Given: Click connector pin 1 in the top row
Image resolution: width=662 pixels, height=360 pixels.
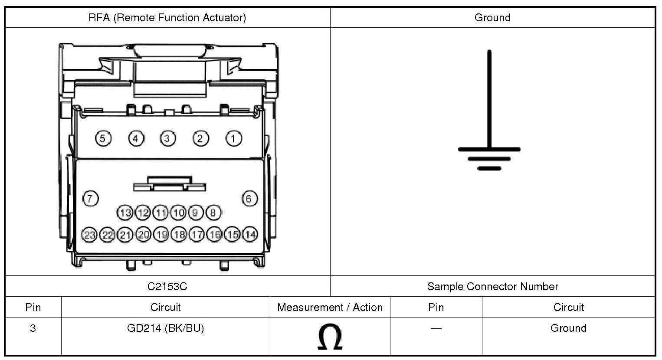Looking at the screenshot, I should [234, 139].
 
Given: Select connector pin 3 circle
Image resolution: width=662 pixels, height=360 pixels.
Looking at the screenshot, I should [167, 139].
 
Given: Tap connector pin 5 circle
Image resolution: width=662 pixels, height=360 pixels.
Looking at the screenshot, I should [103, 139].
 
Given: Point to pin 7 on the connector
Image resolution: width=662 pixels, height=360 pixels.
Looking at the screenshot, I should [91, 199].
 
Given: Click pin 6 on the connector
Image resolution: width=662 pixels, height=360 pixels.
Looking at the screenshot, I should [249, 199].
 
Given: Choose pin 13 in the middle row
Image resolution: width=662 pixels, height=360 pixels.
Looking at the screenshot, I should [125, 213].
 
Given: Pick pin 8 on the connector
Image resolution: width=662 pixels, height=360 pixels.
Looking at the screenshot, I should [213, 213].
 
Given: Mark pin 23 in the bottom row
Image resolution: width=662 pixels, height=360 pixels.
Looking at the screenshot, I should [90, 235].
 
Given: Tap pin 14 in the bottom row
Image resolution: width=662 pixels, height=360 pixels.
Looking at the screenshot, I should [250, 235].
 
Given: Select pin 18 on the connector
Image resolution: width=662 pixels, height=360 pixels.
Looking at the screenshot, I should [179, 235].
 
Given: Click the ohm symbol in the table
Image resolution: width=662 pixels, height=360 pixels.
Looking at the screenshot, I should [330, 337].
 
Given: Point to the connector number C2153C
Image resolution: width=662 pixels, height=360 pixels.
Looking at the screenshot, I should [167, 286].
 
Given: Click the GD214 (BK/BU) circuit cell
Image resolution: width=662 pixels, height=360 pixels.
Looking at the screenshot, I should [165, 328].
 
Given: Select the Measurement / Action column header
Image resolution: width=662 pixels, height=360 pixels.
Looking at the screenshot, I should [330, 308].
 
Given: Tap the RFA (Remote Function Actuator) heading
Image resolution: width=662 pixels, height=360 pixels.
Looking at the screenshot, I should [167, 18].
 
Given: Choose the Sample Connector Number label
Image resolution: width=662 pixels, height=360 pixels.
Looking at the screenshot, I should [492, 286].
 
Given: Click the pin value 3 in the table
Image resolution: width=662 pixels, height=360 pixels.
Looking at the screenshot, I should [33, 328].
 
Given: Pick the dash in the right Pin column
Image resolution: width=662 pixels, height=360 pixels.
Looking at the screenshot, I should [436, 328].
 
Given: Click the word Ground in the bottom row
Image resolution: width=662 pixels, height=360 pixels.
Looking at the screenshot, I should [568, 328].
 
